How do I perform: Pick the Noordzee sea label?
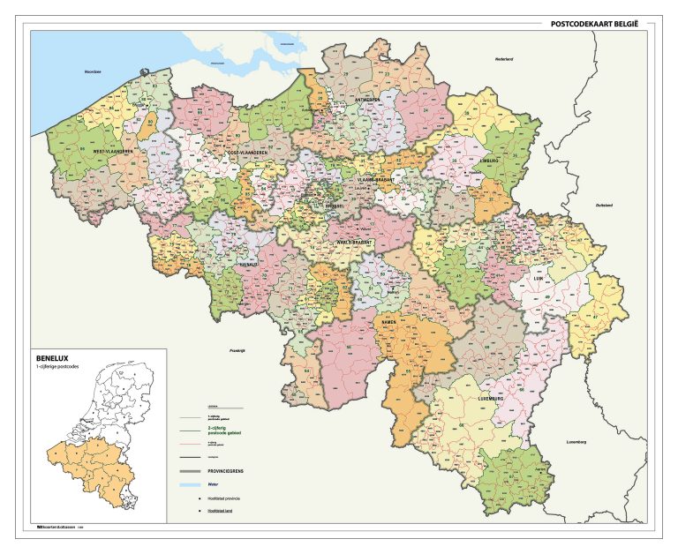pyautogui.click(x=93, y=71)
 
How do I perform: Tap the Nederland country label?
pyautogui.click(x=504, y=58)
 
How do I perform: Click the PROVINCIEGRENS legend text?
pyautogui.click(x=228, y=471)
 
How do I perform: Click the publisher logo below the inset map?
pyautogui.click(x=54, y=527)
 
